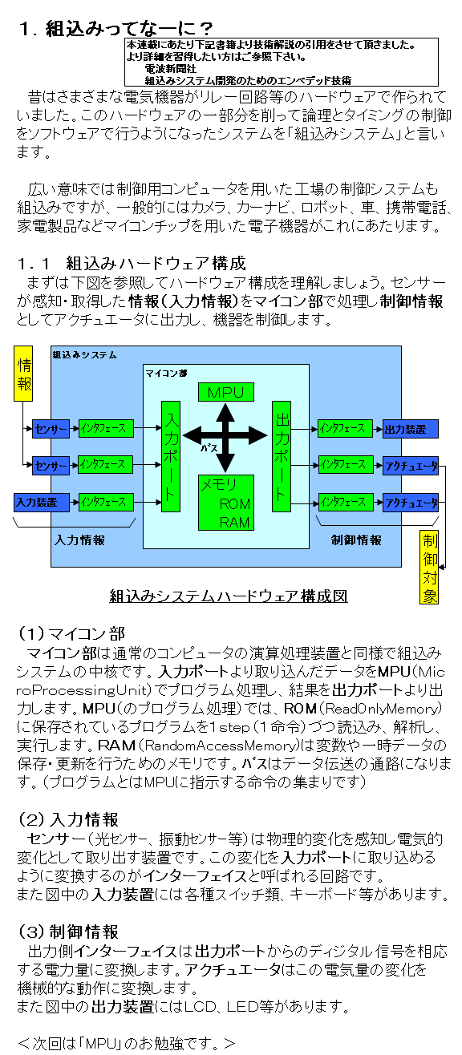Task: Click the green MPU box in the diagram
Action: pyautogui.click(x=226, y=392)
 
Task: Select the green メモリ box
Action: pyautogui.click(x=226, y=503)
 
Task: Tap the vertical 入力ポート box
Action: pyautogui.click(x=171, y=456)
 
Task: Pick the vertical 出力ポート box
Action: pyautogui.click(x=282, y=456)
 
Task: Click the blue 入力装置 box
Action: pyautogui.click(x=42, y=502)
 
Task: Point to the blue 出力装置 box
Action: pyautogui.click(x=410, y=429)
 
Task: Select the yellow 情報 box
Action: pyautogui.click(x=23, y=374)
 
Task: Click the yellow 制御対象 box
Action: pyautogui.click(x=429, y=567)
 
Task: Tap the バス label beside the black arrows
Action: pyautogui.click(x=209, y=448)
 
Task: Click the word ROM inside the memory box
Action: pyautogui.click(x=235, y=504)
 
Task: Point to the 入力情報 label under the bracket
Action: pyautogui.click(x=79, y=540)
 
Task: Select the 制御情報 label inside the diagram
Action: pyautogui.click(x=356, y=540)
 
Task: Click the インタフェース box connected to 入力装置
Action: pyautogui.click(x=106, y=502)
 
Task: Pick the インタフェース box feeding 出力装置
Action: pyautogui.click(x=345, y=429)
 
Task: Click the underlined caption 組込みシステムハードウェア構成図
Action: pyautogui.click(x=229, y=596)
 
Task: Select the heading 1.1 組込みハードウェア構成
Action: pyautogui.click(x=132, y=263)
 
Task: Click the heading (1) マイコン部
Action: pyautogui.click(x=71, y=633)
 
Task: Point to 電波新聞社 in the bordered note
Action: pyautogui.click(x=170, y=69)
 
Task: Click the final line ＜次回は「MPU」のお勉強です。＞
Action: pyautogui.click(x=127, y=1043)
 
